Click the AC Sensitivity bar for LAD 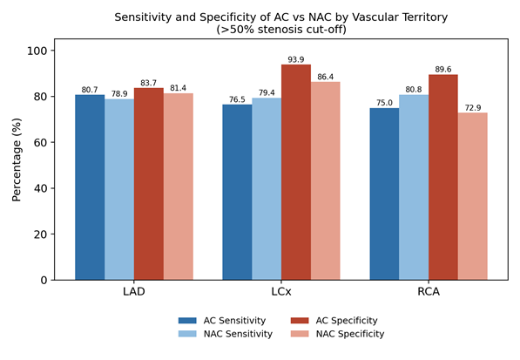pos(90,187)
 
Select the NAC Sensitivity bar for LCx pos(267,189)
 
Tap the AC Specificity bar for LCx pos(296,173)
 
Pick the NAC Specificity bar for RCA pos(473,196)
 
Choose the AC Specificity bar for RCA pos(443,177)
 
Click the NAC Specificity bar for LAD pos(179,187)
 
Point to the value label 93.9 pos(296,60)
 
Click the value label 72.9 pos(473,108)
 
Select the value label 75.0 pos(384,103)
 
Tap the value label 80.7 pos(90,90)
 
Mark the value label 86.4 pos(326,77)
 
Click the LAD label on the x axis pos(134,292)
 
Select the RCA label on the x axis pos(429,292)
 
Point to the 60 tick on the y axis pos(40,142)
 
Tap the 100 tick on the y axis pos(37,51)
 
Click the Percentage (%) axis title pos(17,160)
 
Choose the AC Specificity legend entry pos(334,321)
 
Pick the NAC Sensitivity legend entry pos(226,334)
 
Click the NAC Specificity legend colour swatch pos(300,334)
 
